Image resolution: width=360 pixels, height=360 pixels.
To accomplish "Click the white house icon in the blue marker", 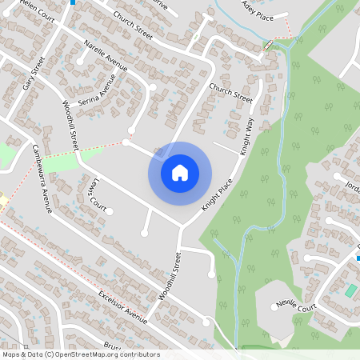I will pos(180,172).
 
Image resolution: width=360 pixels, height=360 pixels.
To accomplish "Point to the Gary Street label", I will pos(32,73).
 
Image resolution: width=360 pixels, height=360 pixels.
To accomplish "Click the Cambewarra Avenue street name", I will pos(40,178).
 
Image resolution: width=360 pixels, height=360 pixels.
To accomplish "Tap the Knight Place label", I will pos(217,194).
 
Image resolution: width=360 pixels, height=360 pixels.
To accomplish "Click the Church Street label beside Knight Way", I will pos(230,94).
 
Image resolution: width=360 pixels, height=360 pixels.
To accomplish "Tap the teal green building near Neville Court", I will pos(350,290).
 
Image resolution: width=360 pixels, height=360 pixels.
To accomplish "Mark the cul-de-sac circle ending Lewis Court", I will pos(109,212).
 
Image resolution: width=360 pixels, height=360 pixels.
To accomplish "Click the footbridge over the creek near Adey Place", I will pos(270,44).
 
